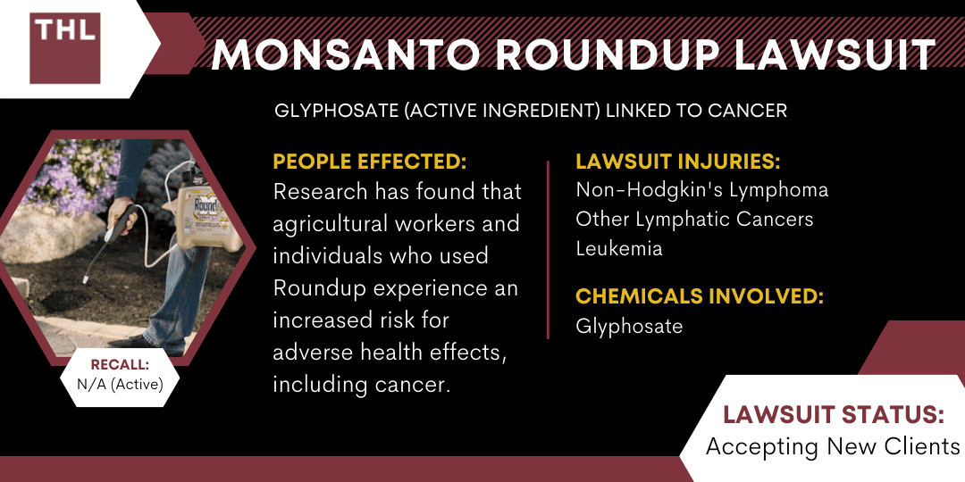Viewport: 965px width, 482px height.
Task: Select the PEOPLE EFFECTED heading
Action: click(x=370, y=162)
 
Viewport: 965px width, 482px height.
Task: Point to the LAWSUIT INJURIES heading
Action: click(x=677, y=162)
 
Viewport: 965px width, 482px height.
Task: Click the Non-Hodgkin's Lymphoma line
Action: click(x=701, y=190)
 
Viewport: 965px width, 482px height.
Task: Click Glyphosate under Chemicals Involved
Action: click(x=629, y=326)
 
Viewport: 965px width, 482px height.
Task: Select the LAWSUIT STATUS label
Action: click(x=831, y=415)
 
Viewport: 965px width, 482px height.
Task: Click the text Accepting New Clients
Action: click(x=832, y=445)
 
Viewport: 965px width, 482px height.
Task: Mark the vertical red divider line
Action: click(x=549, y=250)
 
